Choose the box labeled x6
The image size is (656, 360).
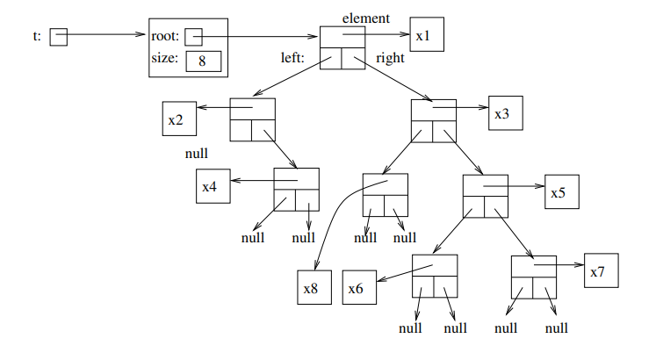(360, 288)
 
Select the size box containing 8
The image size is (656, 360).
(202, 61)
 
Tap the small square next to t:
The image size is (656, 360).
(58, 36)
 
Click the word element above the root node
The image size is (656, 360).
(366, 18)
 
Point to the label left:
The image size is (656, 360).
(293, 60)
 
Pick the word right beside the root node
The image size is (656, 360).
(391, 60)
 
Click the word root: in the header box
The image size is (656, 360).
(165, 36)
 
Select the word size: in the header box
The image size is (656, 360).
(164, 60)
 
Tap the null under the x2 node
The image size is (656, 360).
(196, 153)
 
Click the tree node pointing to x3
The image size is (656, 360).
(434, 120)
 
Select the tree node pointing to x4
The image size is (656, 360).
(296, 188)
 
